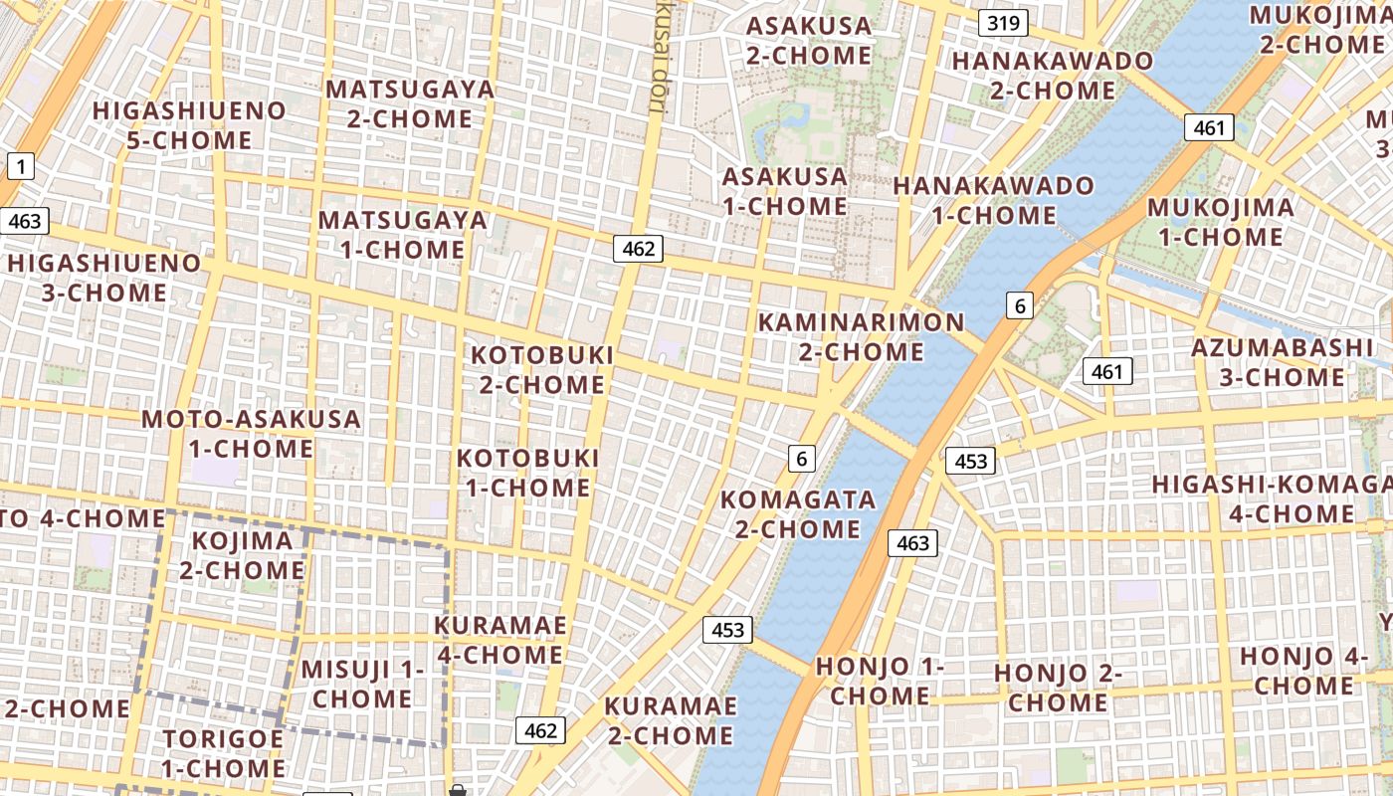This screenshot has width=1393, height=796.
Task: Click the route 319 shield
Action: (x=1002, y=22)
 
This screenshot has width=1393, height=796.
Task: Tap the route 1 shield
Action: (x=20, y=166)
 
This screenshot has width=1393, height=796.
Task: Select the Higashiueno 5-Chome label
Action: (x=189, y=125)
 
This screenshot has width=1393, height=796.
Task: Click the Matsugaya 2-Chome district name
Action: (x=410, y=103)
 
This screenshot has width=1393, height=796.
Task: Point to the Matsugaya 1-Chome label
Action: (x=403, y=235)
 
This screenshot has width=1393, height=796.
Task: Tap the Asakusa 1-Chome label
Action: (x=785, y=192)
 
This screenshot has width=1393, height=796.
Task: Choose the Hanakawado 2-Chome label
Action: (x=1053, y=76)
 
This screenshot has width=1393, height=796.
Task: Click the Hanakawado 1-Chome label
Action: (x=993, y=200)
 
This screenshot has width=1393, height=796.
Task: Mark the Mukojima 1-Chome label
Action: (x=1221, y=222)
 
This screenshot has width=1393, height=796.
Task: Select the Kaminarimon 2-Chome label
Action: (x=861, y=336)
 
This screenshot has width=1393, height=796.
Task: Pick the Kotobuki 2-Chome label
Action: (x=542, y=369)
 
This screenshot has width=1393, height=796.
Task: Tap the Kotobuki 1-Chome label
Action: (x=528, y=473)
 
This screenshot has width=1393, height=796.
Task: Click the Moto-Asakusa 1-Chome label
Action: (x=251, y=433)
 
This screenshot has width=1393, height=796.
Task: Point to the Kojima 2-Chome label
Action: (x=242, y=555)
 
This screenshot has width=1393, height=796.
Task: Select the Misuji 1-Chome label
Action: (x=362, y=684)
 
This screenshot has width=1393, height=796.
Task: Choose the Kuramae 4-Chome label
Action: (x=500, y=640)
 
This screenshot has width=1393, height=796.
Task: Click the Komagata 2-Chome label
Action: (x=798, y=513)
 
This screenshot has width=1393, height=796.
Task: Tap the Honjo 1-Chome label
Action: (x=880, y=681)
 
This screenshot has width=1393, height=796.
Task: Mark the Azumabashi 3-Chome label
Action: (x=1283, y=362)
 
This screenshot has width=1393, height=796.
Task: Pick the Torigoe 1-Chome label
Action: (x=224, y=753)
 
